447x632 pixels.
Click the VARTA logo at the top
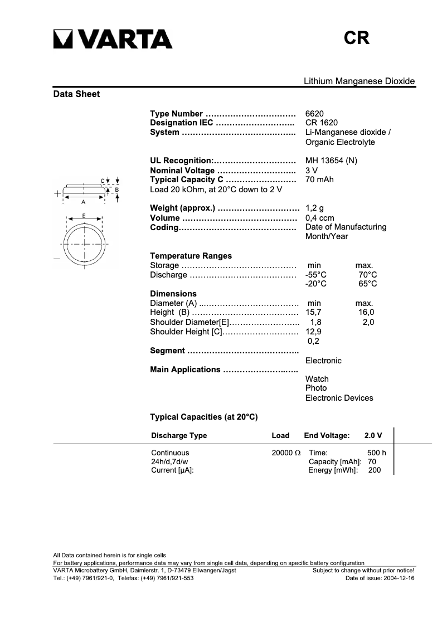click(x=113, y=39)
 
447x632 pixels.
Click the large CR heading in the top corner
click(x=357, y=38)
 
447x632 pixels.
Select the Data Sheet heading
click(x=76, y=94)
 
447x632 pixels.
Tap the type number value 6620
click(x=314, y=114)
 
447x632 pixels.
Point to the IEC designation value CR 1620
click(x=321, y=123)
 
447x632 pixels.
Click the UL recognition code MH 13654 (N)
click(x=331, y=161)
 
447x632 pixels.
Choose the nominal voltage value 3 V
click(x=312, y=170)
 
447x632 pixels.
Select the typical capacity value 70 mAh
click(x=319, y=179)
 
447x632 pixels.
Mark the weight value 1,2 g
click(x=314, y=208)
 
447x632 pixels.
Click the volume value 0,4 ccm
click(x=319, y=218)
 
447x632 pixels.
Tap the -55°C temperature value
click(x=316, y=275)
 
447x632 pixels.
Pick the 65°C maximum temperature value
click(x=367, y=284)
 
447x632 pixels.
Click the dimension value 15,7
click(x=314, y=313)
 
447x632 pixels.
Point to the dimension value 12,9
click(x=314, y=332)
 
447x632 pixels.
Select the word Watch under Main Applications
click(x=317, y=379)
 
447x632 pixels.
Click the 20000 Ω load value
click(x=286, y=453)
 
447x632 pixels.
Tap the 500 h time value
click(x=376, y=453)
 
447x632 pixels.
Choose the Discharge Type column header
click(x=179, y=435)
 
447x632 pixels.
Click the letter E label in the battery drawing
click(x=84, y=215)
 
